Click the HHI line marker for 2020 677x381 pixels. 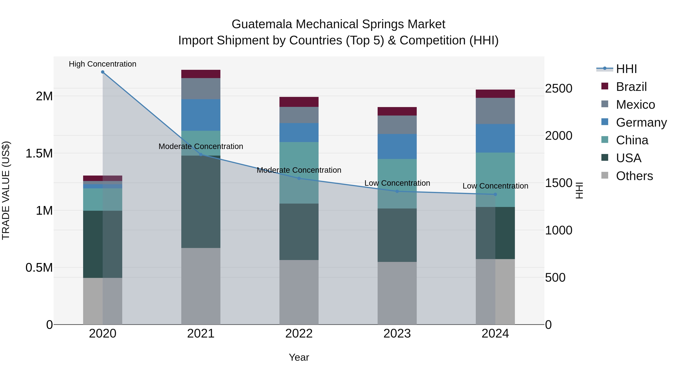(x=102, y=72)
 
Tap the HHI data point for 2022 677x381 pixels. (x=299, y=178)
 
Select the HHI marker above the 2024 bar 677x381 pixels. (x=495, y=194)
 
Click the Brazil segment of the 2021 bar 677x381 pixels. (x=201, y=74)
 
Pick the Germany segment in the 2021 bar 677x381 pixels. (x=201, y=115)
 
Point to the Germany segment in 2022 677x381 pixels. (x=299, y=132)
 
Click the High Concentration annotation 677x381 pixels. (x=102, y=64)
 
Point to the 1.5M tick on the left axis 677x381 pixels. (x=39, y=154)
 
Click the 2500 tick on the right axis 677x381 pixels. (x=559, y=88)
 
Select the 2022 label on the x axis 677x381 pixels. (x=299, y=334)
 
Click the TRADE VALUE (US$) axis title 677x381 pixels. (x=6, y=190)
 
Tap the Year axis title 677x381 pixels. (x=299, y=357)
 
